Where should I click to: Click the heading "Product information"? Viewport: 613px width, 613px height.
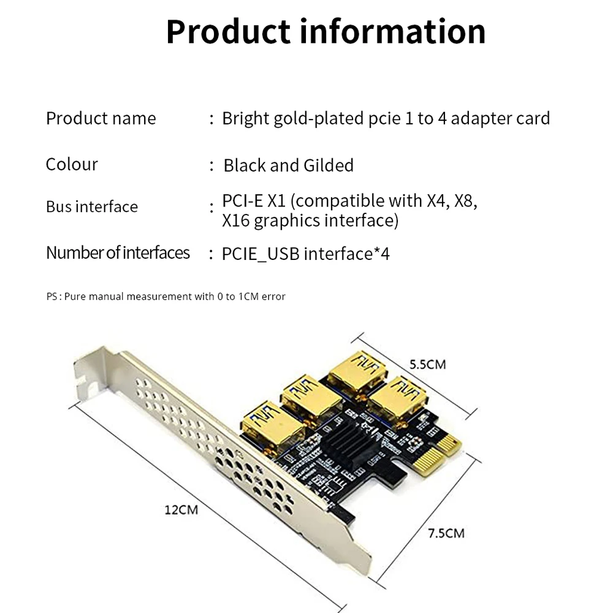click(326, 32)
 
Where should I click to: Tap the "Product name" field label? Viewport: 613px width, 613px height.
click(101, 118)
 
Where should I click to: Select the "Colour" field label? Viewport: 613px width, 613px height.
click(72, 164)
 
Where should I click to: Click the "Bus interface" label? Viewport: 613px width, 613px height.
click(92, 207)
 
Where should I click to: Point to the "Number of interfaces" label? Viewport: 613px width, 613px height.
click(118, 253)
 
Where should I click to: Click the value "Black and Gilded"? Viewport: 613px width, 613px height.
click(288, 166)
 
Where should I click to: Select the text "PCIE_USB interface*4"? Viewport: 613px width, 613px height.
click(305, 254)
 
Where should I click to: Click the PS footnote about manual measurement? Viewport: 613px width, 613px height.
click(166, 297)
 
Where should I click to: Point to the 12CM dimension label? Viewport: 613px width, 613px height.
click(181, 509)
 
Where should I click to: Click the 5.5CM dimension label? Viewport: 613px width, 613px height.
click(427, 365)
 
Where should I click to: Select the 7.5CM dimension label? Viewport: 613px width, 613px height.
click(446, 533)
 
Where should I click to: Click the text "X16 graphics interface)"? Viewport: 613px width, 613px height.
click(310, 221)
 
